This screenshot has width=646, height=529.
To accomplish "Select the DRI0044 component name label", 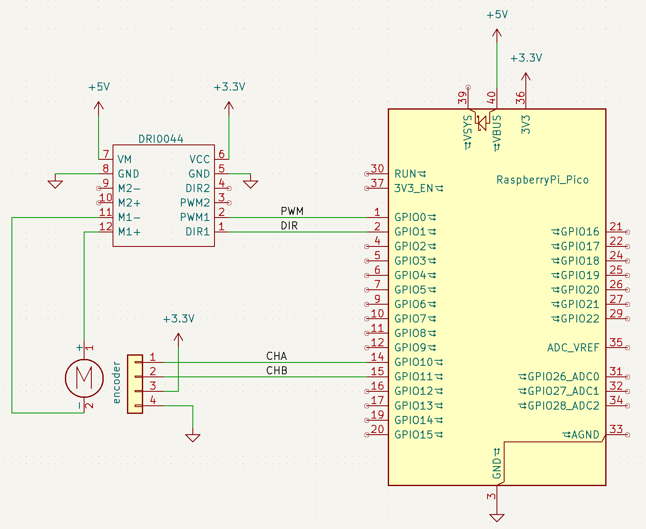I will click(161, 139).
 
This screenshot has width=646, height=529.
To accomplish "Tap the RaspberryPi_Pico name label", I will click(542, 180).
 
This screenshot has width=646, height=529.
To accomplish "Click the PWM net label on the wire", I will click(292, 211).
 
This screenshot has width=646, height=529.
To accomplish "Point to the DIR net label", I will click(289, 226).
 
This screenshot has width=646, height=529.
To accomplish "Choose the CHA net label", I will click(276, 356).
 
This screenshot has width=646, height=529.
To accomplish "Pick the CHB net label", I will click(276, 371).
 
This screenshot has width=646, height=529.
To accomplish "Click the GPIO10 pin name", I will click(414, 362).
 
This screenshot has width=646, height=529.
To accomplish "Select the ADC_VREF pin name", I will click(573, 348).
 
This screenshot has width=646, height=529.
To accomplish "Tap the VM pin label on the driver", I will click(124, 159).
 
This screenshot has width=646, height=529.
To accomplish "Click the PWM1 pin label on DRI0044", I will click(195, 217).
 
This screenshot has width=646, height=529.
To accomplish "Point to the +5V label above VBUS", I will click(497, 15).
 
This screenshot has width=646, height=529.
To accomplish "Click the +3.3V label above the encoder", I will click(178, 319).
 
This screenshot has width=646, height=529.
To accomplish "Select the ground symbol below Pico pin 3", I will click(496, 518).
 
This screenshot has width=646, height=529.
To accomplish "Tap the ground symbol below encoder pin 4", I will click(193, 438).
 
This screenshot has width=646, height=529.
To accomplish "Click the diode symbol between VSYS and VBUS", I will click(482, 123).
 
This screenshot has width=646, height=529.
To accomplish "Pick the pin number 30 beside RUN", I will click(377, 169).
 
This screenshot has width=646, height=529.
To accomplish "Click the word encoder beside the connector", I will click(117, 382).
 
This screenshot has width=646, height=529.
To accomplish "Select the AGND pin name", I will click(585, 435).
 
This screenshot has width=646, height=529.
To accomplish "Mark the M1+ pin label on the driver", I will click(129, 232).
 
